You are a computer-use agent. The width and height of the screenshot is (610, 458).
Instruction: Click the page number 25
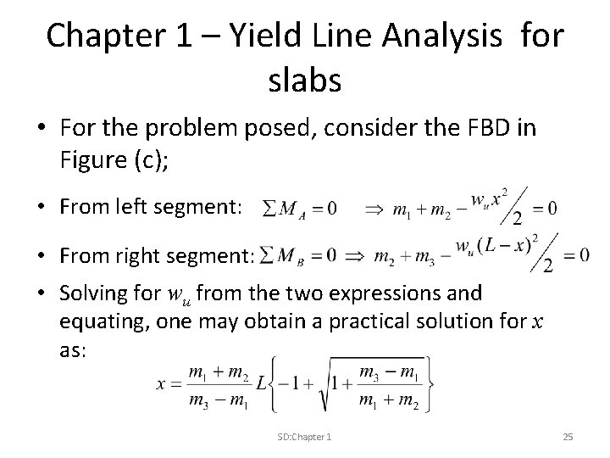pos(568,436)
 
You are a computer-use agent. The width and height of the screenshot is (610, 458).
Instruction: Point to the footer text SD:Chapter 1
pos(305,436)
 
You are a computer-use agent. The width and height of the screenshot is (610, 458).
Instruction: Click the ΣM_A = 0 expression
pos(300,208)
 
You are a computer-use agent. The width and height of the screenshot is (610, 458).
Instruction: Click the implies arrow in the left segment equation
pos(374,208)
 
